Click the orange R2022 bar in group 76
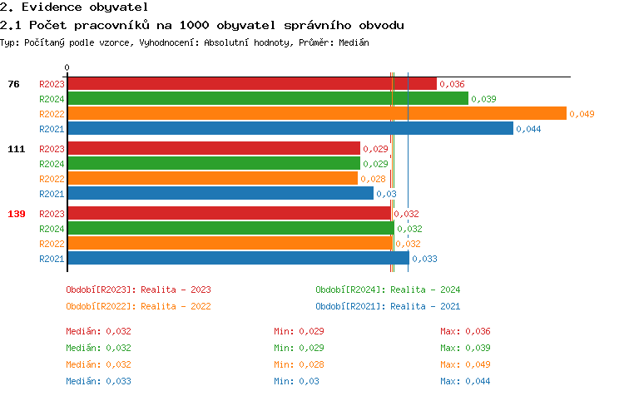tap(316, 114)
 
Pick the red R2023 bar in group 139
tap(229, 214)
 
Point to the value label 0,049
tap(582, 114)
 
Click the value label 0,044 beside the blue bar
tap(528, 129)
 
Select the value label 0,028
tap(373, 179)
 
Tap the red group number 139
tap(17, 214)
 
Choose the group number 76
tap(13, 84)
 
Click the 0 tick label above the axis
tap(67, 67)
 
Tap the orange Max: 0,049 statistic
tap(465, 364)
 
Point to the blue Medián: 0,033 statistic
tap(98, 381)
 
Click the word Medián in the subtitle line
tap(353, 42)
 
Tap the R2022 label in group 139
tap(52, 244)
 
